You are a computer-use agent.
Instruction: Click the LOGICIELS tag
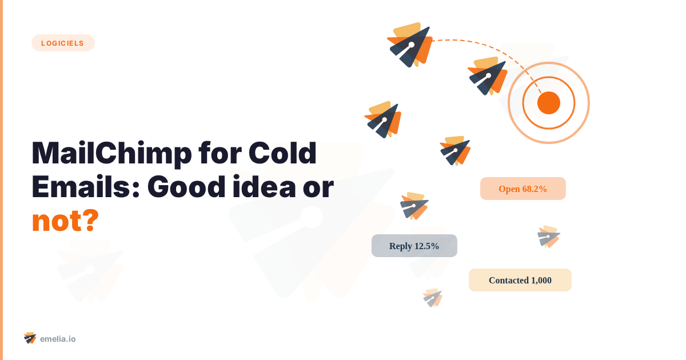point(63,43)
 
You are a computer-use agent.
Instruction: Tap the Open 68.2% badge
point(523,189)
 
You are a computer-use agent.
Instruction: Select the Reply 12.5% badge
point(414,246)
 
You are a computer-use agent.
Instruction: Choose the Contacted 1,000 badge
point(520,280)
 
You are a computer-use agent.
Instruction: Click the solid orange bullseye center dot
point(548,103)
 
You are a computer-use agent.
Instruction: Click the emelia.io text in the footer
point(58,339)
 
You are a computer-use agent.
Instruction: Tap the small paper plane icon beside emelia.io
point(30,338)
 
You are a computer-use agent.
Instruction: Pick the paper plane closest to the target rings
point(488,75)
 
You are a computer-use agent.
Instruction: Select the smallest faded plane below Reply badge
point(433,298)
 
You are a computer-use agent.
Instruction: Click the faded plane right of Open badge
point(549,237)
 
